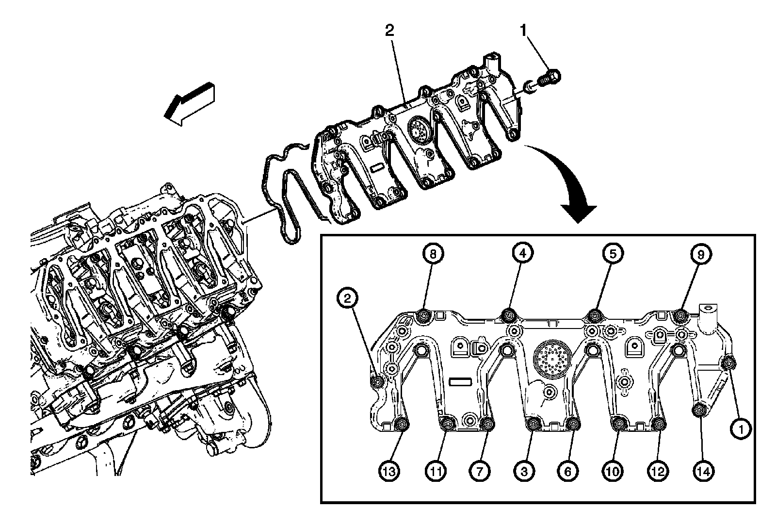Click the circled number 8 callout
(x=433, y=253)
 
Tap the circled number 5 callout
(x=613, y=253)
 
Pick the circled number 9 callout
(x=701, y=253)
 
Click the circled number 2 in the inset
(x=347, y=299)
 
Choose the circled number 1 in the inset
(x=740, y=428)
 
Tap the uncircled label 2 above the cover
(x=389, y=31)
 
